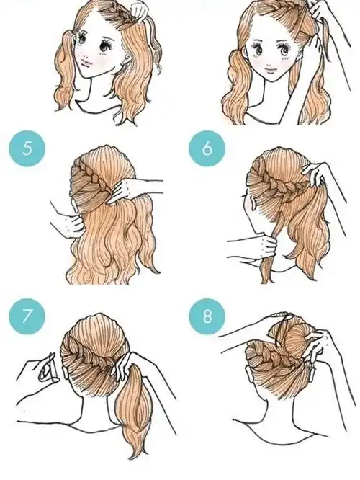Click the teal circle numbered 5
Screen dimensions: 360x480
click(27, 148)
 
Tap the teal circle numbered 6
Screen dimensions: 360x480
click(207, 148)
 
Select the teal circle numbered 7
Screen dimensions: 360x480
click(27, 316)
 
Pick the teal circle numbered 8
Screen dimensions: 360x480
click(207, 316)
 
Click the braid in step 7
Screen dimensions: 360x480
click(91, 358)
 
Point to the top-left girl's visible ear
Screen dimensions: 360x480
click(124, 63)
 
